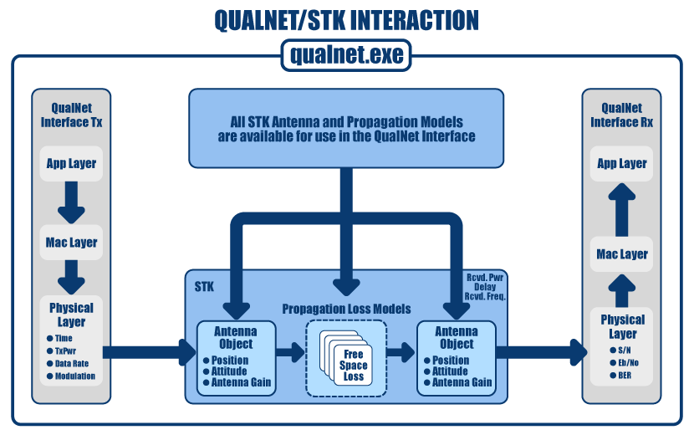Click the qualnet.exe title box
346,56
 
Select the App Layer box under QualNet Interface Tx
71,164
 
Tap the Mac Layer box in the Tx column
71,243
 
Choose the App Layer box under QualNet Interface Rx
622,164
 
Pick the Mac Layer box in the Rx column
622,254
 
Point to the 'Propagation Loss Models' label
346,309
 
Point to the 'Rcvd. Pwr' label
485,276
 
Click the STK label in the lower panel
204,286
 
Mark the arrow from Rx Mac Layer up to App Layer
622,208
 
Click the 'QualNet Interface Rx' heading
622,115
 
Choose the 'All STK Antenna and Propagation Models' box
346,127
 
